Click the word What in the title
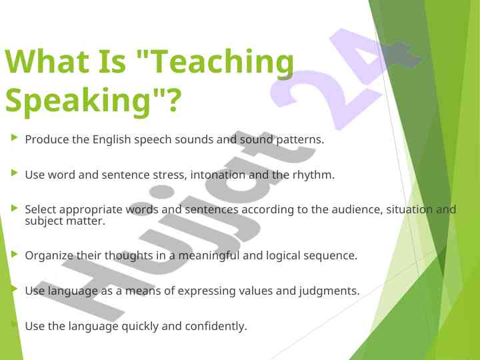[x=47, y=61]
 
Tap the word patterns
[x=300, y=140]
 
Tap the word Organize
[x=49, y=255]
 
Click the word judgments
[x=329, y=291]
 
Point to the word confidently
[x=216, y=326]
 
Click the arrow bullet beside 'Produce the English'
[x=15, y=137]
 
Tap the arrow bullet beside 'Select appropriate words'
[x=15, y=208]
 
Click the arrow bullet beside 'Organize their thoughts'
[x=15, y=254]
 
